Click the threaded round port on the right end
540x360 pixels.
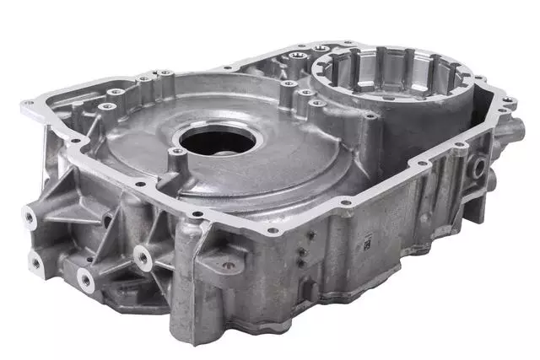point(478,168)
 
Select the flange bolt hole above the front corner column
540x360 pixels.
point(196,214)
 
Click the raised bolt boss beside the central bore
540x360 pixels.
point(176,153)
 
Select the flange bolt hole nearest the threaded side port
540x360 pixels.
point(460,145)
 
